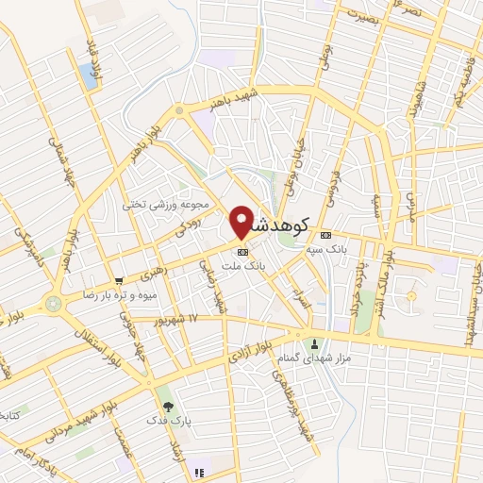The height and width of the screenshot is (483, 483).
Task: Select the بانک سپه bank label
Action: pyautogui.click(x=326, y=250)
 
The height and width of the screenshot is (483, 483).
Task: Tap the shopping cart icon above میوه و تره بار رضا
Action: pyautogui.click(x=119, y=280)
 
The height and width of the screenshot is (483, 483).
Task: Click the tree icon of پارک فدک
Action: pyautogui.click(x=168, y=407)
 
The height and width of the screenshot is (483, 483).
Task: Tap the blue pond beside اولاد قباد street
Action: pyautogui.click(x=91, y=76)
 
